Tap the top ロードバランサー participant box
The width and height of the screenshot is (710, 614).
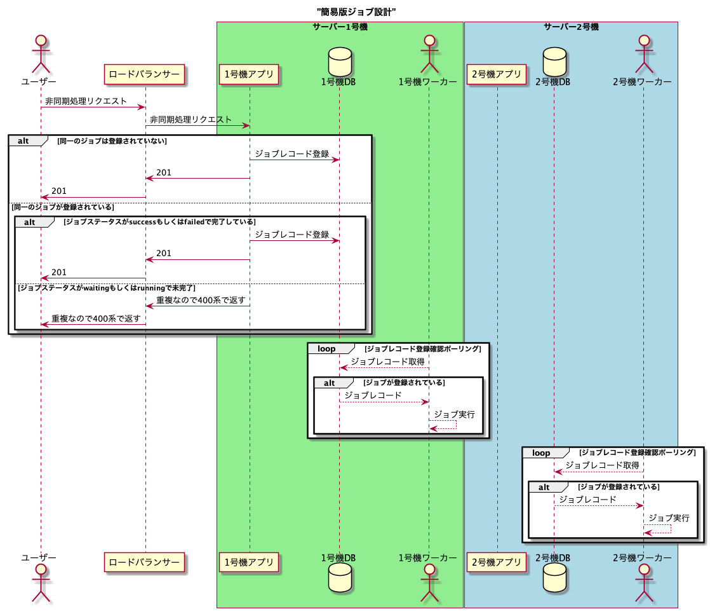click(x=145, y=74)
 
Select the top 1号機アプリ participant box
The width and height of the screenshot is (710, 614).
click(x=249, y=74)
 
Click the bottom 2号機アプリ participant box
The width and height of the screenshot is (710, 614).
click(x=497, y=562)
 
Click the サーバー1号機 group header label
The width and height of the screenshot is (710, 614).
click(x=340, y=27)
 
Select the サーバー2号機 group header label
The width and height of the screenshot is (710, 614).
click(x=571, y=27)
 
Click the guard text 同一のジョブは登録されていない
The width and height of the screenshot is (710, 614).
click(x=112, y=141)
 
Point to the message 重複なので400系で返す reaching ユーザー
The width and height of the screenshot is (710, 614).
click(x=96, y=318)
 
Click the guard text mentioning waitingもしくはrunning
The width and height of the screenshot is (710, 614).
click(x=106, y=288)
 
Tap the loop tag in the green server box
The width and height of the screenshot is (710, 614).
click(x=326, y=349)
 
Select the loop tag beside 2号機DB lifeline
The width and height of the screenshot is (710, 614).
click(x=541, y=453)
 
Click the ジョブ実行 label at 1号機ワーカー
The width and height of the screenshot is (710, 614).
click(x=454, y=414)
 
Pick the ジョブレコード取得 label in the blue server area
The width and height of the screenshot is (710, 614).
click(x=602, y=465)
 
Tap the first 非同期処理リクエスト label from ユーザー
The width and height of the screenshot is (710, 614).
click(x=86, y=101)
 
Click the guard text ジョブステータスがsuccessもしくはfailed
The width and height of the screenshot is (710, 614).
click(x=159, y=222)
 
